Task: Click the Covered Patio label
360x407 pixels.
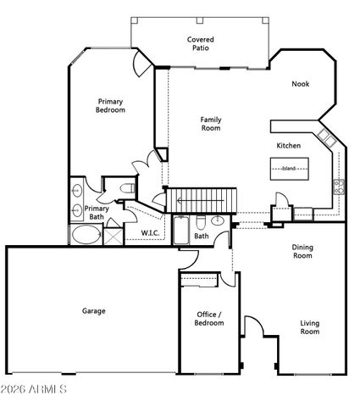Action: click(x=200, y=43)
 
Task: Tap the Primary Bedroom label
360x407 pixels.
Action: click(x=111, y=105)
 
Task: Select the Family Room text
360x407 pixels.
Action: click(x=211, y=125)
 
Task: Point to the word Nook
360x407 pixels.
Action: click(x=300, y=84)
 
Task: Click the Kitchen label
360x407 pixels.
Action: click(x=289, y=146)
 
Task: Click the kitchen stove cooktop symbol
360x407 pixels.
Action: click(x=338, y=186)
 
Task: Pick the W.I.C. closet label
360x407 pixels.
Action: click(x=151, y=232)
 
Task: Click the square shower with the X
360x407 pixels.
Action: click(x=112, y=233)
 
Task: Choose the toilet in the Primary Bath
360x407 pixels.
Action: click(x=126, y=187)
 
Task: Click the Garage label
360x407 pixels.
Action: click(x=93, y=311)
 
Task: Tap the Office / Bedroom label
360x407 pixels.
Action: click(x=209, y=318)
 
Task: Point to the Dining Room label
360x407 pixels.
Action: click(x=302, y=251)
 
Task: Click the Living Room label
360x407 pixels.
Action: click(x=310, y=326)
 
